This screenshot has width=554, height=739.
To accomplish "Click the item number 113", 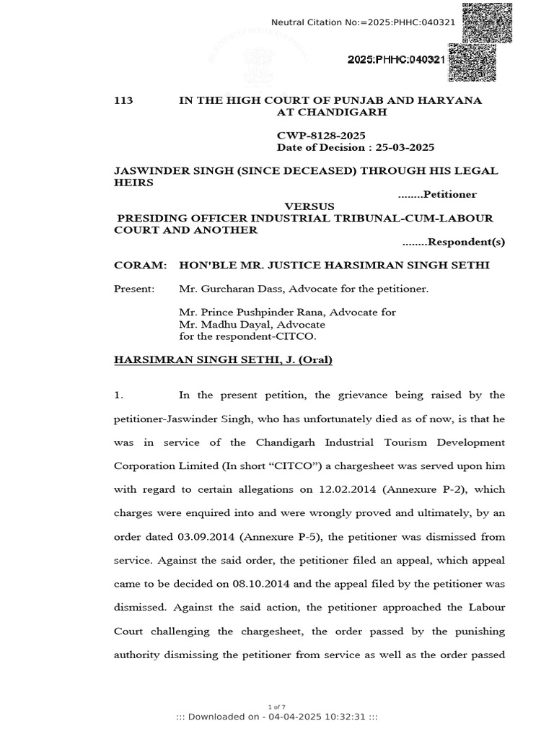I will (123, 101).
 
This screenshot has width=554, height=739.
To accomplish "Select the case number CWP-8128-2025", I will (321, 136).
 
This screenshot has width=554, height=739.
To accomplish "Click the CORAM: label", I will (141, 266).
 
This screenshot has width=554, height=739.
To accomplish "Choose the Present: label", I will (134, 289).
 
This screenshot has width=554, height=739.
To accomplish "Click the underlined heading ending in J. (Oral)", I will (223, 359).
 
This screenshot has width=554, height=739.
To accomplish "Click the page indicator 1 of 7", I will (277, 706).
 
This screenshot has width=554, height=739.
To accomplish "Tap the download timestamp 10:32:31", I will (345, 717).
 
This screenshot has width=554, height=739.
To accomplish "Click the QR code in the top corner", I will (487, 22).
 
